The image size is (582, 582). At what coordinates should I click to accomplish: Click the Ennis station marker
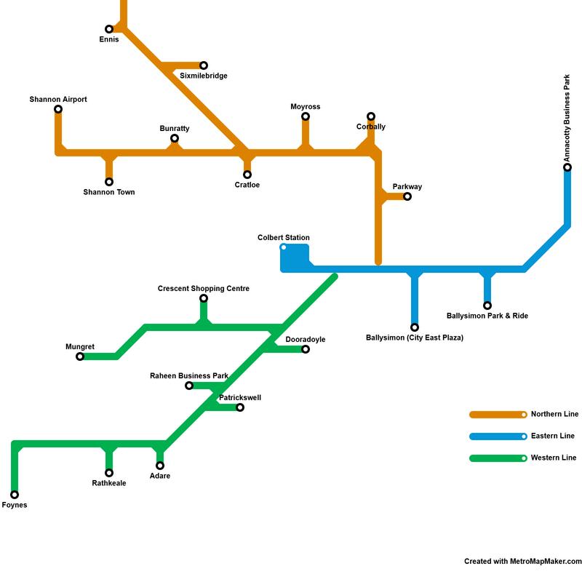(109, 29)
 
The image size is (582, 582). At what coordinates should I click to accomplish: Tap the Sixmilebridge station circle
(204, 65)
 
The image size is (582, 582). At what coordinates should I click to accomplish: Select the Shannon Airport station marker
(58, 109)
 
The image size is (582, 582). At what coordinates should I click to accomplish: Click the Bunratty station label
(175, 129)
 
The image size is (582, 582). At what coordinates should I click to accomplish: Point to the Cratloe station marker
(247, 175)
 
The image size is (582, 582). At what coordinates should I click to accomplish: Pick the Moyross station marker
(306, 116)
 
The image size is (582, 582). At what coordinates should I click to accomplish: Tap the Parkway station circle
(407, 196)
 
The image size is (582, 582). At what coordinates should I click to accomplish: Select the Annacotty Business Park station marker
(567, 167)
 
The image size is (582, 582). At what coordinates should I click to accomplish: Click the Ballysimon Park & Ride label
(487, 316)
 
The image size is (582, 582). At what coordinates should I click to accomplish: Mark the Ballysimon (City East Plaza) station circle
(415, 327)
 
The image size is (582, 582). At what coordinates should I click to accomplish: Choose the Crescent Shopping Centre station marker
(204, 298)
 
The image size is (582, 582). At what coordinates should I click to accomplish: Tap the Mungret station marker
(80, 356)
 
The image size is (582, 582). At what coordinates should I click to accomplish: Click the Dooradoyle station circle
(306, 349)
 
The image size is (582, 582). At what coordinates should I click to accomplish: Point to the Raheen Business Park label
(189, 376)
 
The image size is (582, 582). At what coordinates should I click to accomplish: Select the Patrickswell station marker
(240, 407)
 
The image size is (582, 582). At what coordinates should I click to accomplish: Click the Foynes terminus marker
(15, 495)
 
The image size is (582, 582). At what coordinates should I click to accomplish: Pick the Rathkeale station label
(109, 483)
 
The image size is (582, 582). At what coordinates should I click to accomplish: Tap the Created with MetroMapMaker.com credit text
(523, 561)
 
